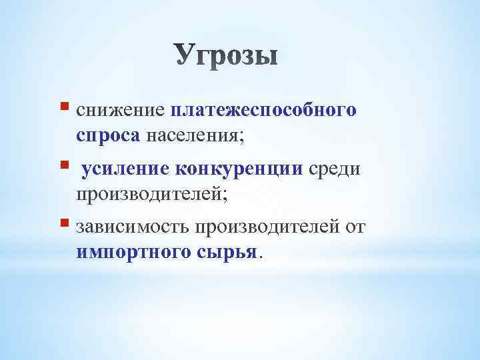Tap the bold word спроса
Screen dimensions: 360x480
coord(108,135)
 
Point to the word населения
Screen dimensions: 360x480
coord(191,135)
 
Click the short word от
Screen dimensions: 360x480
coord(354,228)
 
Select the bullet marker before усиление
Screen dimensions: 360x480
coord(65,164)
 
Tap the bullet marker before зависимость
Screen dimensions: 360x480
coord(65,223)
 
